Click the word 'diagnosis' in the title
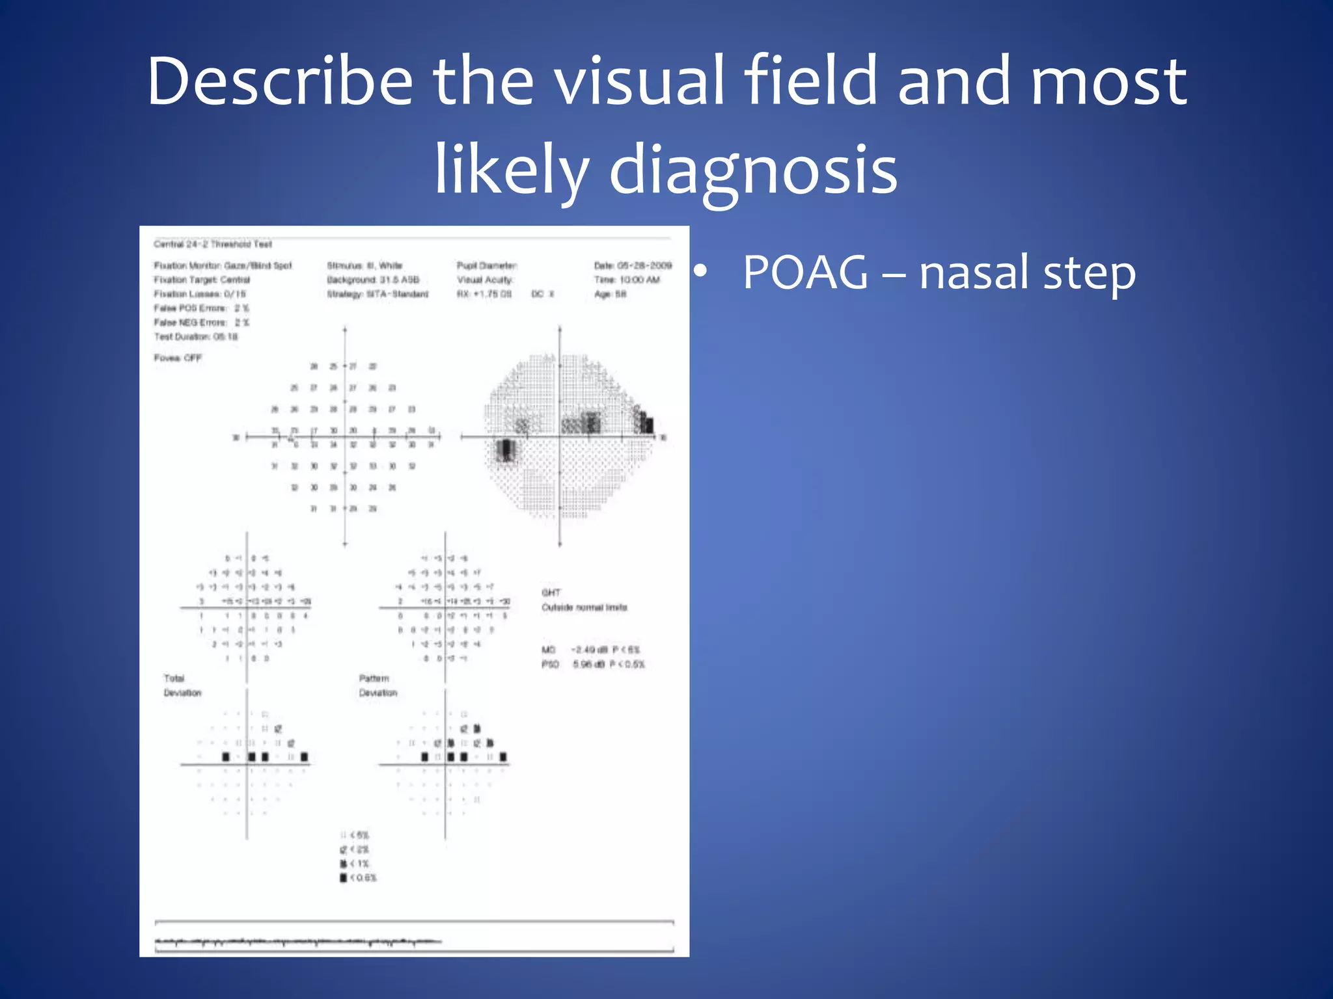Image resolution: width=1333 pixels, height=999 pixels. pyautogui.click(x=753, y=170)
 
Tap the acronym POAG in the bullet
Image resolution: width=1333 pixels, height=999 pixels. pyautogui.click(x=805, y=273)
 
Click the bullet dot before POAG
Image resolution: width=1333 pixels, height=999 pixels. pyautogui.click(x=700, y=273)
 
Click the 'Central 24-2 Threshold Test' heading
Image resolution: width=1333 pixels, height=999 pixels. pyautogui.click(x=213, y=245)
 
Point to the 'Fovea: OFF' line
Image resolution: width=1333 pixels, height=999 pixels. pyautogui.click(x=178, y=358)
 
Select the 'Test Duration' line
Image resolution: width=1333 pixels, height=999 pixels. pyautogui.click(x=196, y=337)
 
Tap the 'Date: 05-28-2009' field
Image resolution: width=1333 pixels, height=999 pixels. pyautogui.click(x=632, y=265)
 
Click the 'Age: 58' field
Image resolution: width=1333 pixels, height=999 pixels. pyautogui.click(x=610, y=294)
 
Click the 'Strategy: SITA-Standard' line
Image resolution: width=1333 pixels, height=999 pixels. pyautogui.click(x=378, y=294)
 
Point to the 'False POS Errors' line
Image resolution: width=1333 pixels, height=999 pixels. pyautogui.click(x=201, y=308)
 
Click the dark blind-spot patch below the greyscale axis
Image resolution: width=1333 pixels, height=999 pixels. pyautogui.click(x=506, y=450)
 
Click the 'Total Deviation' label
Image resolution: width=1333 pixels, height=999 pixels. pyautogui.click(x=182, y=686)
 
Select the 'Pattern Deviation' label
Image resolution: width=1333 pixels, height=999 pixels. pyautogui.click(x=378, y=686)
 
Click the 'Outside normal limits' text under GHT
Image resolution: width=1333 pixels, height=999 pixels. pyautogui.click(x=584, y=607)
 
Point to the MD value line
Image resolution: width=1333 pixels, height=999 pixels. pyautogui.click(x=591, y=650)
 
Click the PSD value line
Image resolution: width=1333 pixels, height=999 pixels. pyautogui.click(x=592, y=664)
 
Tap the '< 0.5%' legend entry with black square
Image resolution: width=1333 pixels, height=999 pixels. pyautogui.click(x=358, y=878)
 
